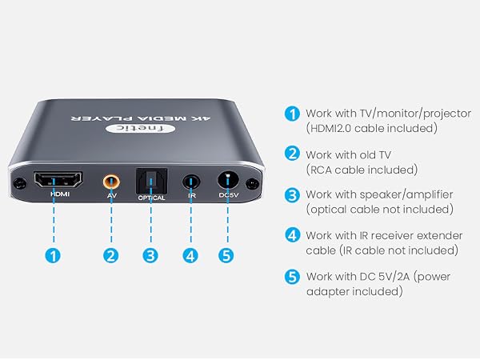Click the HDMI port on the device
pyautogui.click(x=58, y=180)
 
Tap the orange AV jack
pyautogui.click(x=111, y=182)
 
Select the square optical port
pyautogui.click(x=151, y=182)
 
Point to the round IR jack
pyautogui.click(x=191, y=182)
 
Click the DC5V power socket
pyautogui.click(x=228, y=180)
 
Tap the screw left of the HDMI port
pyautogui.click(x=19, y=184)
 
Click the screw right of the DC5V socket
pyautogui.click(x=253, y=184)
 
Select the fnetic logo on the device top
pyautogui.click(x=141, y=129)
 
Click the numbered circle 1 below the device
pyautogui.click(x=53, y=255)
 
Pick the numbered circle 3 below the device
pyautogui.click(x=150, y=255)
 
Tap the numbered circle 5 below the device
pyautogui.click(x=226, y=255)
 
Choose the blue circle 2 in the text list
pyautogui.click(x=292, y=154)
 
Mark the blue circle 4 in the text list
pyautogui.click(x=292, y=234)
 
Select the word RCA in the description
pyautogui.click(x=321, y=170)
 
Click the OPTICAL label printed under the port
pyautogui.click(x=151, y=198)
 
